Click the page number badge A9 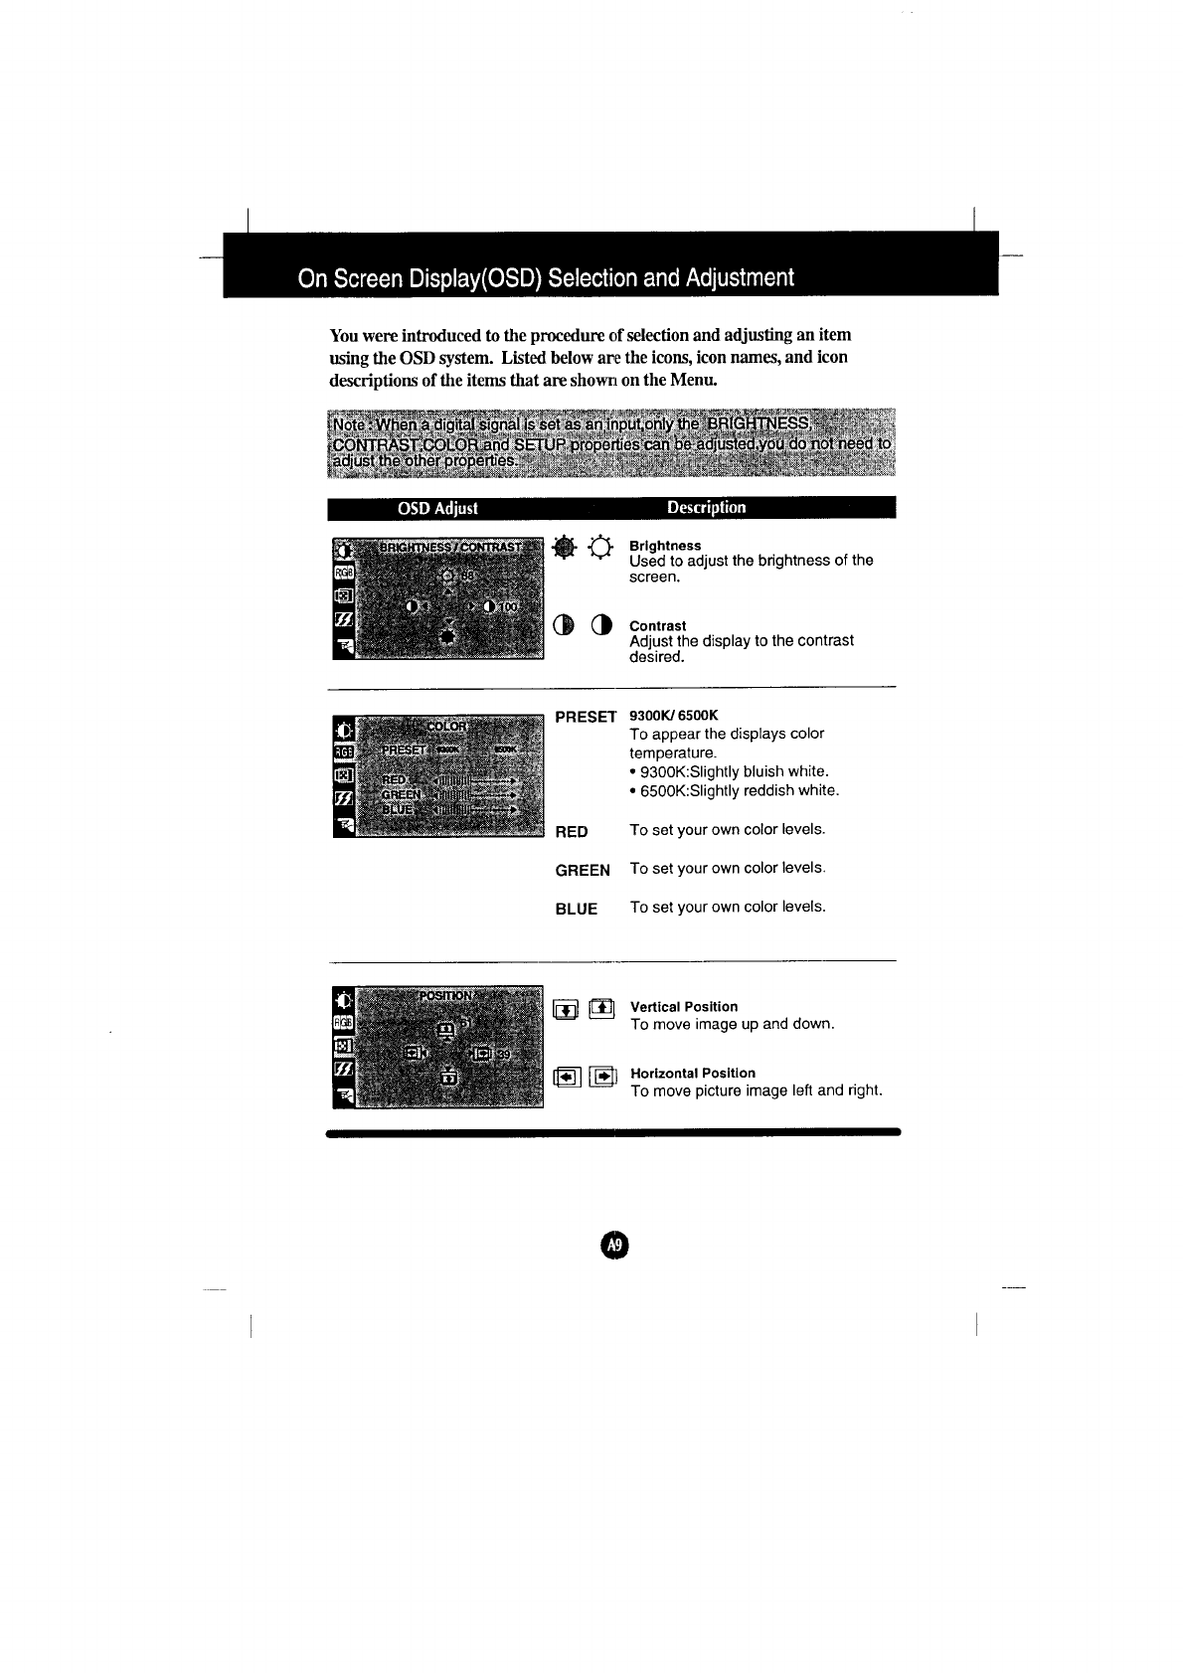coord(615,1245)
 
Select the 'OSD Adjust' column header coord(437,508)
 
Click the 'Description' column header coord(706,507)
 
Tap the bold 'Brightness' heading coord(665,546)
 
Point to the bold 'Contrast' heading coord(657,625)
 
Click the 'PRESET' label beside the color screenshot coord(586,717)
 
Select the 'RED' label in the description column coord(572,831)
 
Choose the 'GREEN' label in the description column coord(583,870)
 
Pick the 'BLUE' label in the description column coord(577,909)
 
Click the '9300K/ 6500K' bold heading coord(673,716)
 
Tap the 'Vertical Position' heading coord(684,1007)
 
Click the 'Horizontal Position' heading coord(693,1073)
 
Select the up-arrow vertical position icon coord(602,1009)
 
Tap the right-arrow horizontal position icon coord(602,1076)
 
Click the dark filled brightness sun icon coord(565,546)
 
